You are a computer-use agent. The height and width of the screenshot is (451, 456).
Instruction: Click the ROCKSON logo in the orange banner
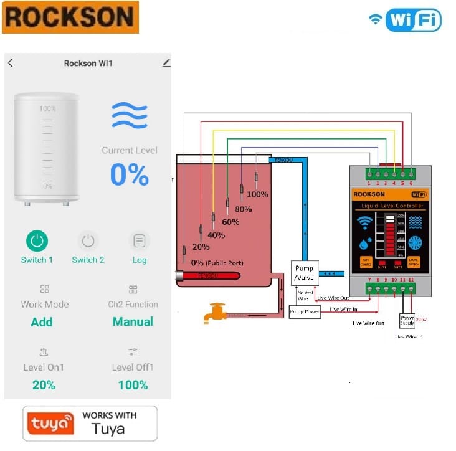(70, 17)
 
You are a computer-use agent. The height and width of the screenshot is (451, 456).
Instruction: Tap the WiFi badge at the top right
(406, 19)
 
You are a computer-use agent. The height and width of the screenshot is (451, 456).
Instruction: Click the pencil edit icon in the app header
(166, 63)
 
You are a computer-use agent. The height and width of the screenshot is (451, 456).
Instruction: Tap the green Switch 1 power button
(37, 241)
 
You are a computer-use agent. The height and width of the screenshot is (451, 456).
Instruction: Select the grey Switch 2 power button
(88, 241)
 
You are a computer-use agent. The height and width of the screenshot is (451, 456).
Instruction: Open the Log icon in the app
(140, 241)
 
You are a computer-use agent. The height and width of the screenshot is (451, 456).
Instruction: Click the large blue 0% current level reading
(130, 175)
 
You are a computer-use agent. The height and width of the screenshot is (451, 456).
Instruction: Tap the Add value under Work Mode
(42, 322)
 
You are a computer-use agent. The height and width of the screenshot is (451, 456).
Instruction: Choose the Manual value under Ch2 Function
(133, 322)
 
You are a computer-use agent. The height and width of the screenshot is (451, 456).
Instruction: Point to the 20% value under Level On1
(44, 385)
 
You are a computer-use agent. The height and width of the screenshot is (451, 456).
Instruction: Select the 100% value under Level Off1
(133, 385)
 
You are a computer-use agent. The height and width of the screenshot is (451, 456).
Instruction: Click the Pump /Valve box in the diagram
(305, 272)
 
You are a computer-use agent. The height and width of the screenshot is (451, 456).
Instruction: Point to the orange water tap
(216, 312)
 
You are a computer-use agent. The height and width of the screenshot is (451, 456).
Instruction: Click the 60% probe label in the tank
(230, 222)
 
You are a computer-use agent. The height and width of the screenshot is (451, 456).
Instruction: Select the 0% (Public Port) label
(217, 263)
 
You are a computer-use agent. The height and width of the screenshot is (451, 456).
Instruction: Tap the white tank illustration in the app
(47, 148)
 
